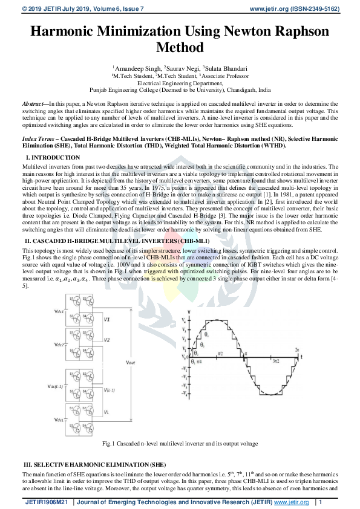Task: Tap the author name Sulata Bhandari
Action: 227,69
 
